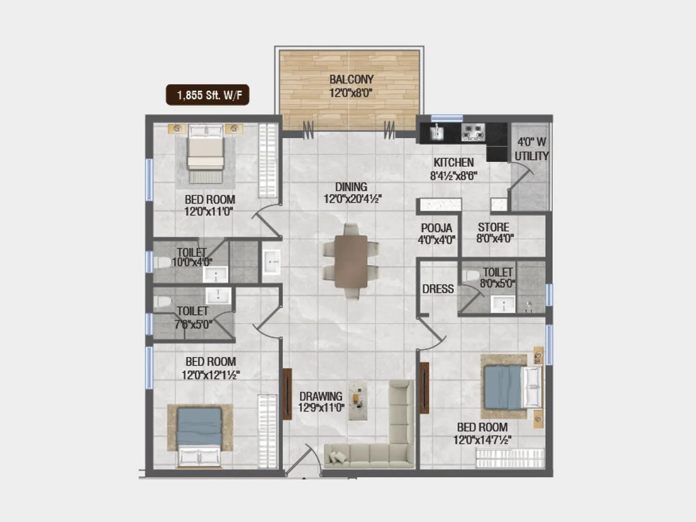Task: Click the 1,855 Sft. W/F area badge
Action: coord(207,95)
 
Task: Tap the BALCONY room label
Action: coord(351,80)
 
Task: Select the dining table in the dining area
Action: coord(351,261)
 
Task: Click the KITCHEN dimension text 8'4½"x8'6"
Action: coord(453,176)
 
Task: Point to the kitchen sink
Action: coord(436,132)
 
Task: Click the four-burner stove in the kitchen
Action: coord(473,132)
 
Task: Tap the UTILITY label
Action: coord(531,156)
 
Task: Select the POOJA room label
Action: coord(436,228)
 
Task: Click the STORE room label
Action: coord(493,228)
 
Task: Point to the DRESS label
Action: coord(438,289)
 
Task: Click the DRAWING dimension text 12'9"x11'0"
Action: coord(321,408)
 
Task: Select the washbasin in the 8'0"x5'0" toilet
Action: coord(503,304)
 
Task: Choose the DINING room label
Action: coord(351,187)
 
